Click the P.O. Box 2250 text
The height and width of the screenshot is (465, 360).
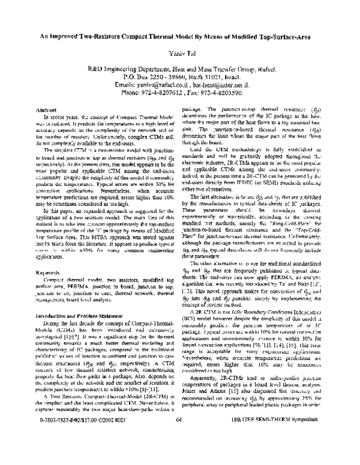[x=148, y=77]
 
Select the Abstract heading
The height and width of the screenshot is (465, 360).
[x=47, y=111]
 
